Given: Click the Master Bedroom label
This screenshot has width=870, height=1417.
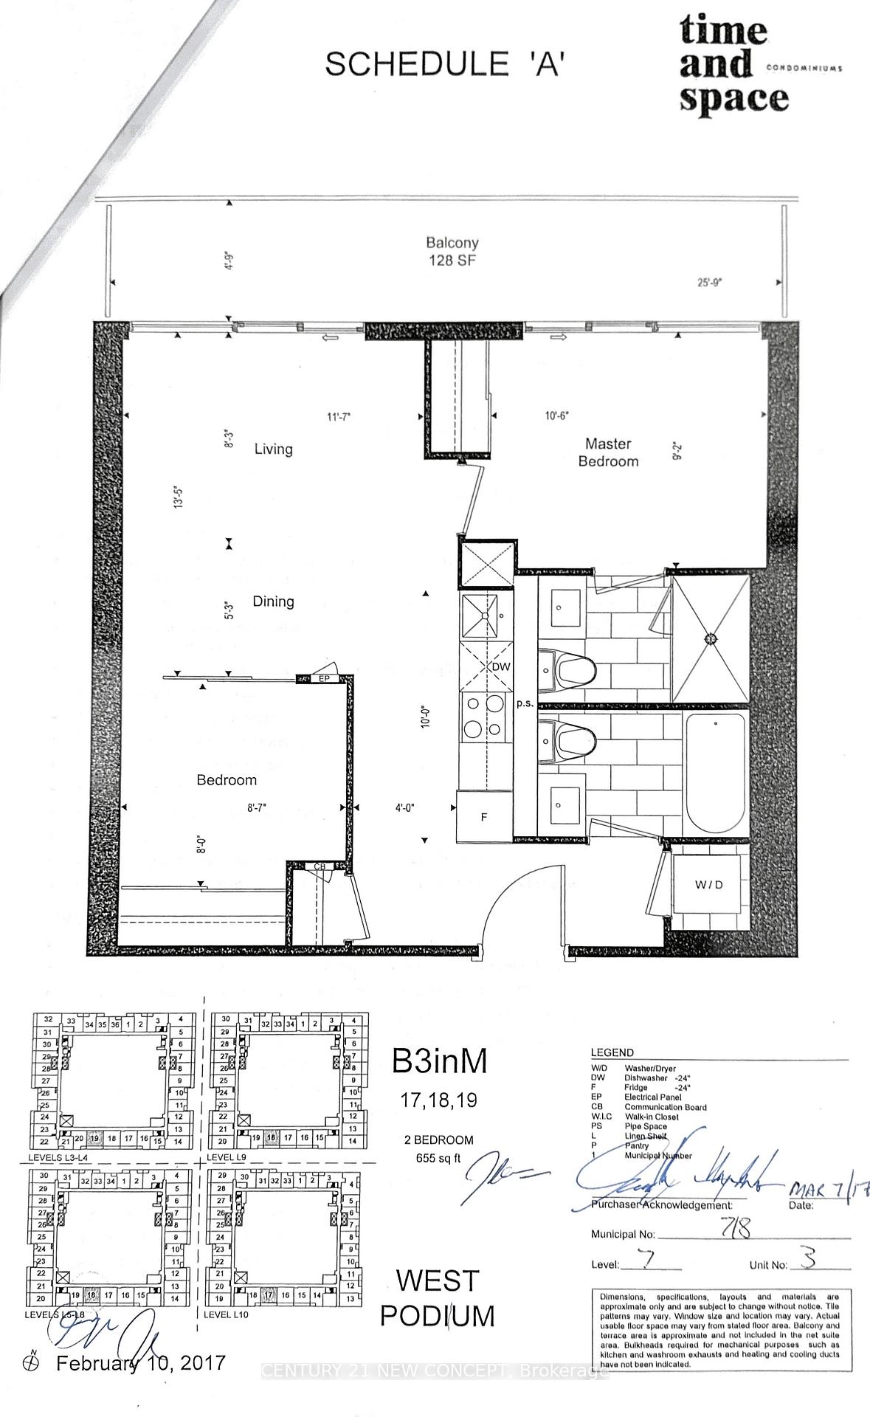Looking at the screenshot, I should tap(607, 452).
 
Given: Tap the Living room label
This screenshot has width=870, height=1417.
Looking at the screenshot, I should tap(273, 449).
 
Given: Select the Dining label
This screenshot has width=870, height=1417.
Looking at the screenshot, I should tap(273, 601).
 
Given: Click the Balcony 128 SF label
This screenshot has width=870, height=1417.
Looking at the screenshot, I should tap(452, 251).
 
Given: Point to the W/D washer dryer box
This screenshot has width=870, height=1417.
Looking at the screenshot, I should tap(708, 884).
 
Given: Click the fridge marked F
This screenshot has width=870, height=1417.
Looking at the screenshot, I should tap(484, 817).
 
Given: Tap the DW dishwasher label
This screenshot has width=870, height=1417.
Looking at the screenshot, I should tap(501, 666).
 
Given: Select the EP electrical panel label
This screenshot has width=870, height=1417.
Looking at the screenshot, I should tap(322, 678).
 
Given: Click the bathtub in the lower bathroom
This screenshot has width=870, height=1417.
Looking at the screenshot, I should tap(715, 775).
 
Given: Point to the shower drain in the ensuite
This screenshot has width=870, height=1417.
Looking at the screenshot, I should tap(712, 638).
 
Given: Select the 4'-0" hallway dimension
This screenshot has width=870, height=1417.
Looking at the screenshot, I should tap(404, 807).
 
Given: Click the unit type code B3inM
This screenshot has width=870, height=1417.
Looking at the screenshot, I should tap(439, 1061).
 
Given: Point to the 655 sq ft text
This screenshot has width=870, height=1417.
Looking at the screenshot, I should tap(439, 1158).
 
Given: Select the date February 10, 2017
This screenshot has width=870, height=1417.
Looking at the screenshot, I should tap(141, 1363).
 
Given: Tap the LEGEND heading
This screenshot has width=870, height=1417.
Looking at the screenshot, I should tap(612, 1052).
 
